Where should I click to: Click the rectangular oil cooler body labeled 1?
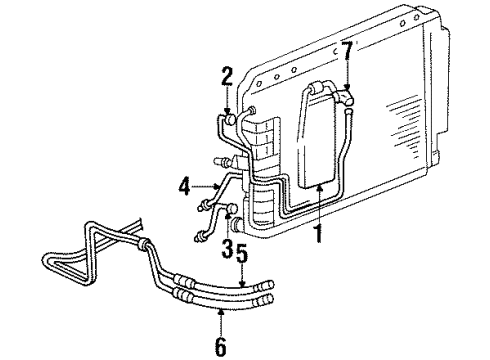point(318,136)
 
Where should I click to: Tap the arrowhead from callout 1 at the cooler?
point(318,186)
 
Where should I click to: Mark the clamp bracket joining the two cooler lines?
point(147,244)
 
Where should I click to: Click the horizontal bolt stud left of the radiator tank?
point(219,159)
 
